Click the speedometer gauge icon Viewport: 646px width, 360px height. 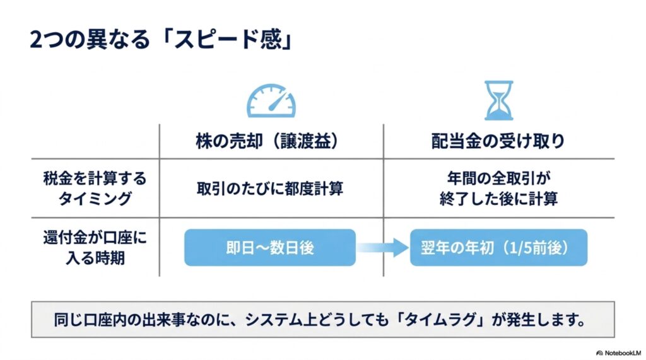[x=271, y=100]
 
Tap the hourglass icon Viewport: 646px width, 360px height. [x=498, y=100]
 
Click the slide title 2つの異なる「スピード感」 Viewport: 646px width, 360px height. [x=161, y=40]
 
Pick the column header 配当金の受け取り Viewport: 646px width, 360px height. [x=498, y=141]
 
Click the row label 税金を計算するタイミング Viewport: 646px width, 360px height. [x=95, y=189]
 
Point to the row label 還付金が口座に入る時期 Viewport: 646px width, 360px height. [x=95, y=248]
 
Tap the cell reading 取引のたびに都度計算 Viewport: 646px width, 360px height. [x=270, y=189]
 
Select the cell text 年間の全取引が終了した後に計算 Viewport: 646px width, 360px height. [x=498, y=189]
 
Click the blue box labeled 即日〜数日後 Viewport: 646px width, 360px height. [x=270, y=248]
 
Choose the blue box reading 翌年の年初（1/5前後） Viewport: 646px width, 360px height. [x=498, y=248]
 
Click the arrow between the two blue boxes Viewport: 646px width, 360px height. [x=383, y=248]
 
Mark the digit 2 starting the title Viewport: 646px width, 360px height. [x=36, y=40]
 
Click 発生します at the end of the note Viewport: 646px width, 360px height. [x=546, y=320]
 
